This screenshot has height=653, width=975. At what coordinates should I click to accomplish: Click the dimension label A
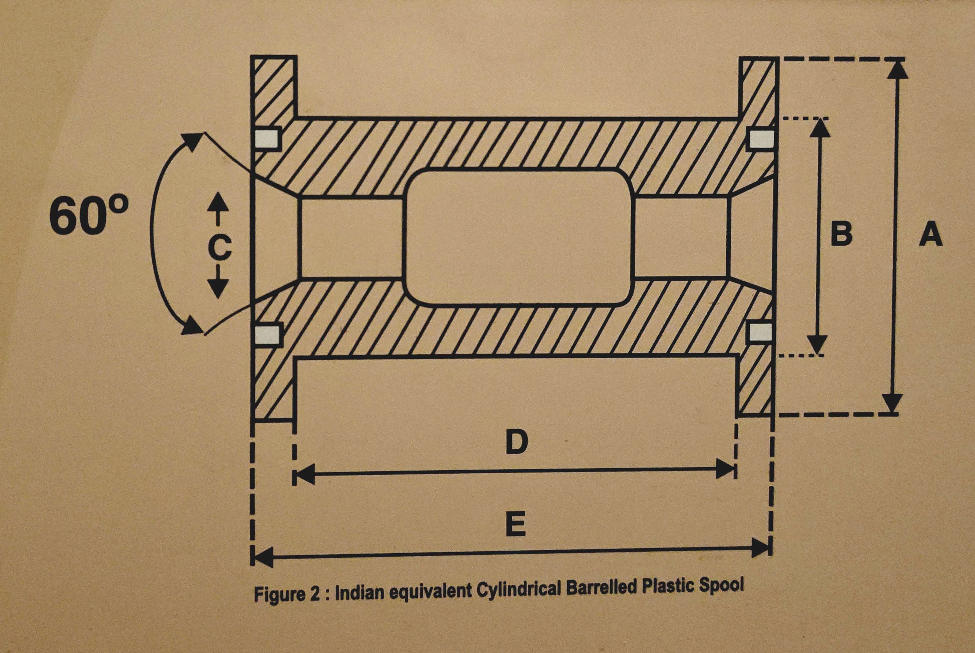[930, 234]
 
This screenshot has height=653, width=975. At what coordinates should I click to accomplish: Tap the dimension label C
[219, 248]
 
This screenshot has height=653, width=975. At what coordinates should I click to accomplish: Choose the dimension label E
[516, 525]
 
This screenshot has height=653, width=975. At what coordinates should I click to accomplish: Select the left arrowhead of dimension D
[304, 475]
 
